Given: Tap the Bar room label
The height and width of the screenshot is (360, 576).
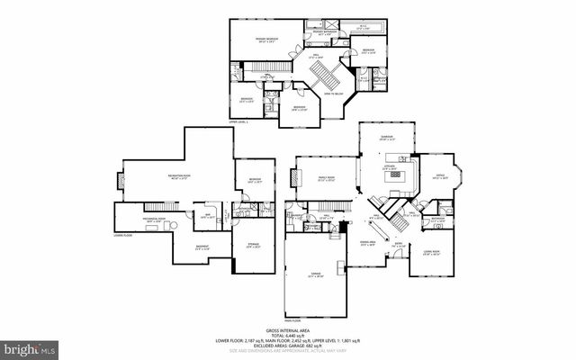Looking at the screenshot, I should [x=206, y=214].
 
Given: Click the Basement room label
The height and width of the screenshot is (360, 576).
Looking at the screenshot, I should [x=203, y=247].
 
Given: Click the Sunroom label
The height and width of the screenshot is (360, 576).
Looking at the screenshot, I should [x=388, y=138].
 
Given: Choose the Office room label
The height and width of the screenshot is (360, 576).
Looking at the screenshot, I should [x=441, y=177].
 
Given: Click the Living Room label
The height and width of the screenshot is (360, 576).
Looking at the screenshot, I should [x=432, y=253].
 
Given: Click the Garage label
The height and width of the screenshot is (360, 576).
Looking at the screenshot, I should [x=314, y=274].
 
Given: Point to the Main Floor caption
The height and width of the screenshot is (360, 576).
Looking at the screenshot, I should [x=292, y=319].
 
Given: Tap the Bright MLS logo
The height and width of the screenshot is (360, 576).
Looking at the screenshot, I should [x=31, y=346].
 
